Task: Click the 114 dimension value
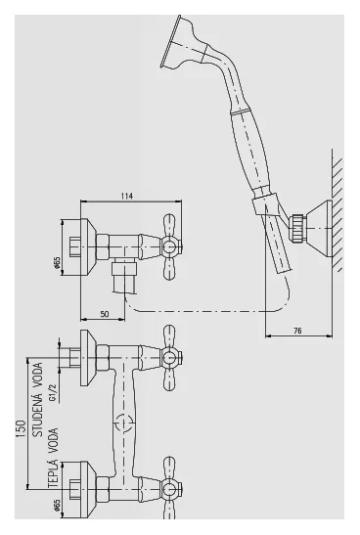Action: click(126, 197)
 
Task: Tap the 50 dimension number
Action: click(105, 314)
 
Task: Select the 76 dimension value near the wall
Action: click(297, 331)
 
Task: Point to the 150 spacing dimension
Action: click(21, 429)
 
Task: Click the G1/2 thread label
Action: click(52, 393)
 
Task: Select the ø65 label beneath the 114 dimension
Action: click(57, 262)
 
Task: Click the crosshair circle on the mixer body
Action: click(124, 424)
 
